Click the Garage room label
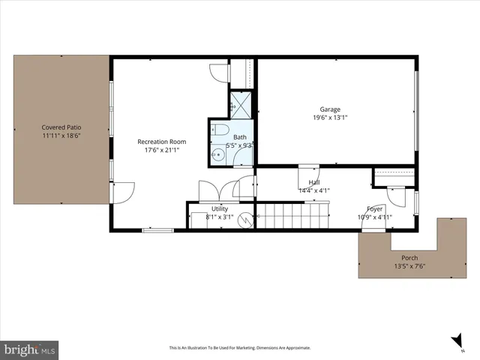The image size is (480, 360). coord(330,109)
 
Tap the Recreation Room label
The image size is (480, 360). coord(161,142)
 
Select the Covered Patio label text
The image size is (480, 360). coord(61,127)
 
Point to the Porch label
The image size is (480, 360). coord(409,257)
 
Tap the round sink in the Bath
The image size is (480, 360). coord(217,155)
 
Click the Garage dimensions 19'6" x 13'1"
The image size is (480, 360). coord(330,118)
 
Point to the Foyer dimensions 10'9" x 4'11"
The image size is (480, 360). coord(374,218)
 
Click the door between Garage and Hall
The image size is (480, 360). coord(308,175)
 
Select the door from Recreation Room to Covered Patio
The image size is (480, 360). coord(121,192)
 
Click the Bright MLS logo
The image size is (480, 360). coord(31,349)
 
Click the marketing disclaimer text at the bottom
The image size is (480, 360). coord(239,348)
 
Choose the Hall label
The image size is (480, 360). coord(315,182)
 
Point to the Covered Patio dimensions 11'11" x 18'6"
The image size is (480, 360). coord(61,136)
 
